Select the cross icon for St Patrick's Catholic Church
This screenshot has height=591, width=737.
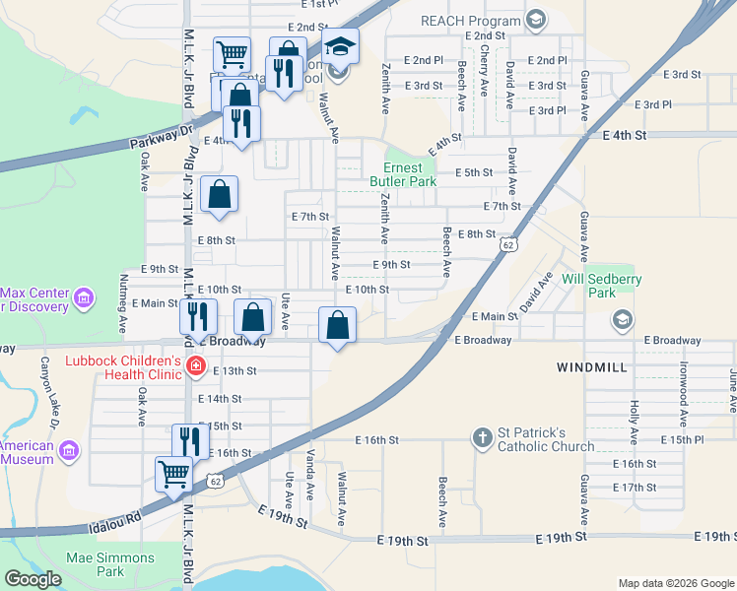click(x=482, y=437)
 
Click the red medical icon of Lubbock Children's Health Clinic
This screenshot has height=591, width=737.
click(x=196, y=367)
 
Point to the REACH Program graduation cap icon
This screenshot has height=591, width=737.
click(x=535, y=20)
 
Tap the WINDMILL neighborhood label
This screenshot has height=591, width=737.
click(x=591, y=366)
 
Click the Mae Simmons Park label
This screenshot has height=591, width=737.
click(x=111, y=564)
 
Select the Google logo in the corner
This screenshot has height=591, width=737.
click(x=33, y=578)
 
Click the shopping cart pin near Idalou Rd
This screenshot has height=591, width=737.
click(x=174, y=473)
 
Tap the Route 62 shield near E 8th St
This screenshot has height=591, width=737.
click(x=507, y=243)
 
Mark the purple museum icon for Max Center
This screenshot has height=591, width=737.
click(x=84, y=296)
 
